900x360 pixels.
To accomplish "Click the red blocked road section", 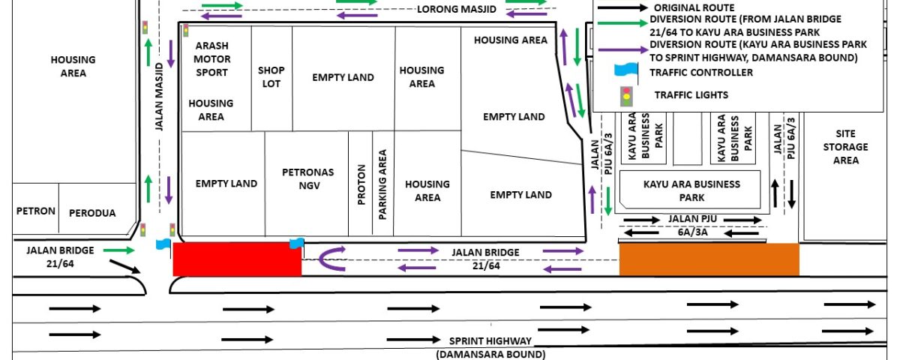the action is tap(237, 259).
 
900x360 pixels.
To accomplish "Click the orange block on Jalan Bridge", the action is tap(709, 259).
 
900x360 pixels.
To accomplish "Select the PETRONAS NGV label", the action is tap(308, 178).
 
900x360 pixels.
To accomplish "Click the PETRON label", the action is tap(36, 211).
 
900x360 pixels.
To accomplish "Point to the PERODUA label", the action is tap(92, 213).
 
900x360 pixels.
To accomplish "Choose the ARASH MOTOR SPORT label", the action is tap(211, 59).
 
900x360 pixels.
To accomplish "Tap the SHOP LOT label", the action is tap(271, 76).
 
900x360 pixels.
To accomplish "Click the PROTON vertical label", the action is tap(361, 184).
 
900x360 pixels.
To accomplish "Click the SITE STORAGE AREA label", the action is tap(846, 147).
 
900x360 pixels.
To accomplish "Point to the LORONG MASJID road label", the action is tap(457, 9).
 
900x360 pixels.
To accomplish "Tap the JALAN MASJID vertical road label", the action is tap(160, 97).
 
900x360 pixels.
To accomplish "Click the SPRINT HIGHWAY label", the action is tap(490, 341).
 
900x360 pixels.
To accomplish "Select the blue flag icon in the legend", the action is tap(626, 72).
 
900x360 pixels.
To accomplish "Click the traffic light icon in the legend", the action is tap(626, 97).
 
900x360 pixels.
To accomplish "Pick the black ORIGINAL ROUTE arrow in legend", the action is tap(622, 7).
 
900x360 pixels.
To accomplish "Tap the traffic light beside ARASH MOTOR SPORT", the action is tap(186, 31).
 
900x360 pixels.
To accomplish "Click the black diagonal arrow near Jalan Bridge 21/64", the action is tap(125, 267).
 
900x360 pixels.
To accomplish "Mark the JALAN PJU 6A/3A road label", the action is tap(693, 226).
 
